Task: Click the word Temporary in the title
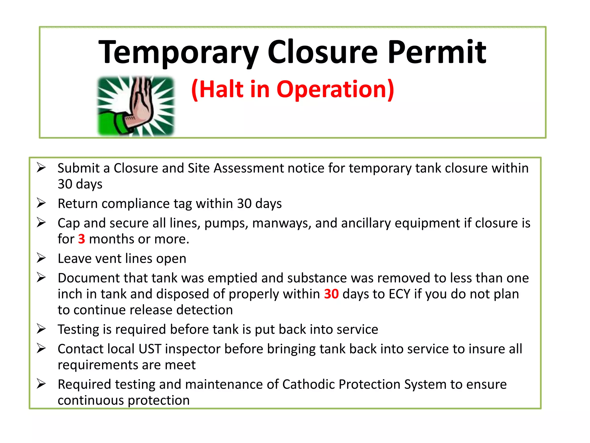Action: tap(178, 52)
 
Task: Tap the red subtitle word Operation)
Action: tap(335, 89)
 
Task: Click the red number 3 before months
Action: tap(82, 239)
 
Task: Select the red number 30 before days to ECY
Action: tap(331, 294)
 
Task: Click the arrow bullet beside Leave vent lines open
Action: tap(41, 258)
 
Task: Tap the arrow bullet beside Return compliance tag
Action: tap(41, 203)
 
